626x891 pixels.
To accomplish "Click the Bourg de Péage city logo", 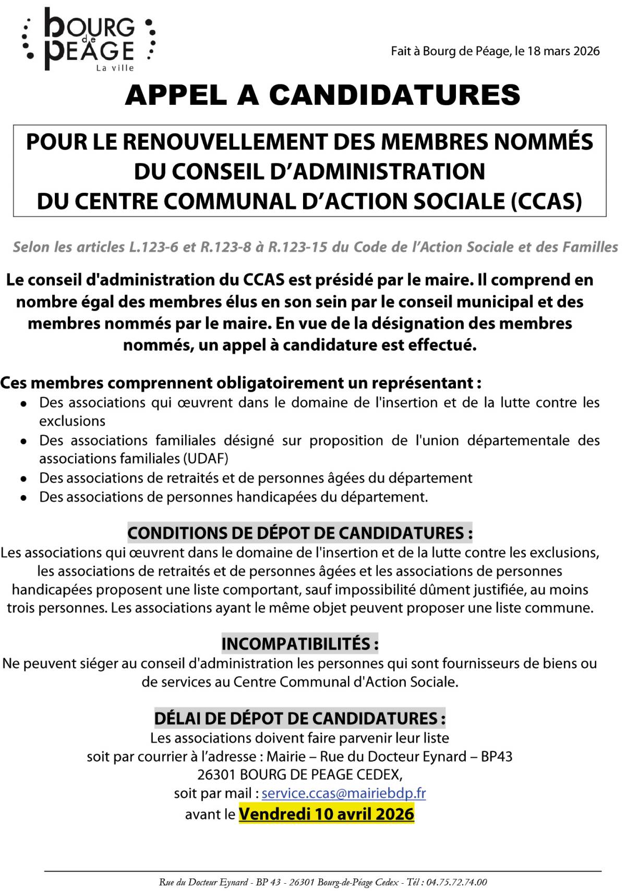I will click(89, 39).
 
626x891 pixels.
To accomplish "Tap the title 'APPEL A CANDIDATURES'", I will click(322, 95).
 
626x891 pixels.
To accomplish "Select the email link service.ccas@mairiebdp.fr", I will click(343, 793).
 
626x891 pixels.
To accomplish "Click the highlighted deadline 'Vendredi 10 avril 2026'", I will click(327, 813).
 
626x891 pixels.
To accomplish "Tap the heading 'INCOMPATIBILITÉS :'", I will click(299, 644).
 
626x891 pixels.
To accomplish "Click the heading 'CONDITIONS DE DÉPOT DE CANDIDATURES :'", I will click(300, 533).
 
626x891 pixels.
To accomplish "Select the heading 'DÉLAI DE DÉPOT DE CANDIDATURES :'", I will click(299, 719).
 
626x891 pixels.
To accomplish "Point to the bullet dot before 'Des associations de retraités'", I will click(23, 478).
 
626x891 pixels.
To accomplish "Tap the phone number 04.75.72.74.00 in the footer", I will click(456, 882).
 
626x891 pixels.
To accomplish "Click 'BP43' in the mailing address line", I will click(496, 757).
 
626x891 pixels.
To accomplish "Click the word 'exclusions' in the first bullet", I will click(72, 421).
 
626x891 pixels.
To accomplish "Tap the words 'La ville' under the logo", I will click(115, 68).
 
